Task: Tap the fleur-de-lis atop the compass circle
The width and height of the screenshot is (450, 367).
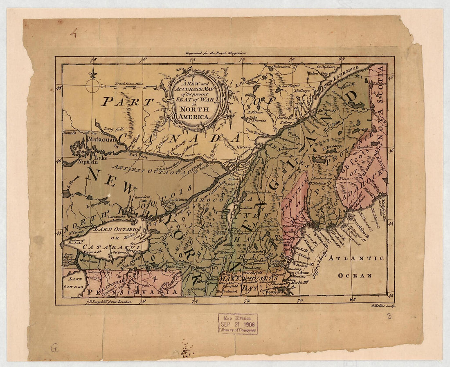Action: coord(92,75)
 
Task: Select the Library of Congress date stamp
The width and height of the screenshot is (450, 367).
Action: coord(238,324)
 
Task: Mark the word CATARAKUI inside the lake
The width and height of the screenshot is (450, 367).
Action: coord(106,247)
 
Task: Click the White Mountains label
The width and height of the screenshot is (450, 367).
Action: coord(268,223)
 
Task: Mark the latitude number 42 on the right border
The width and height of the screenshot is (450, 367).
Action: coord(391,295)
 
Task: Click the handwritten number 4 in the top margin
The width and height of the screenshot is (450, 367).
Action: coord(74,33)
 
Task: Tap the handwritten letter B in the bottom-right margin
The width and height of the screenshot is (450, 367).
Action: coord(389,316)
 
